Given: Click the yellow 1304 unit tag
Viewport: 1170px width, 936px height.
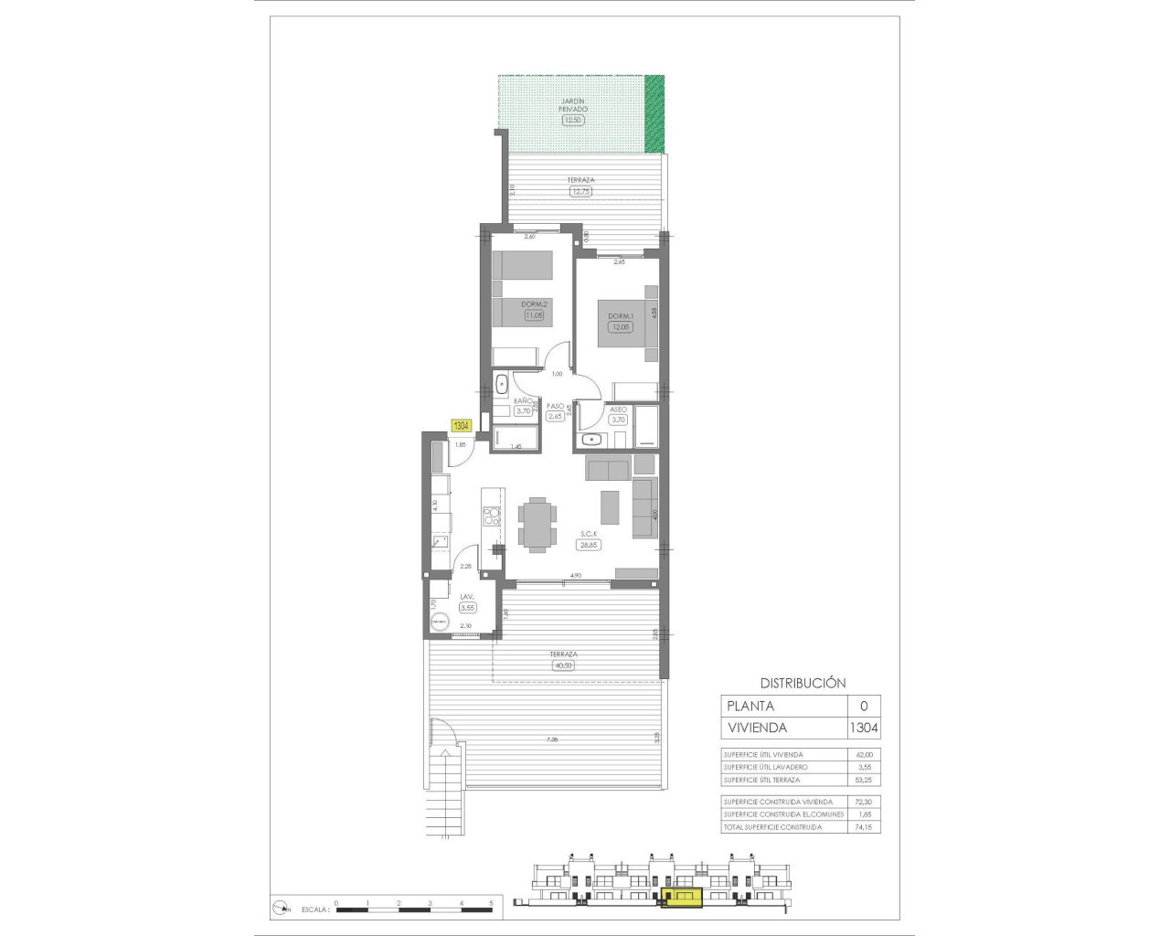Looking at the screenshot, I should pyautogui.click(x=462, y=426).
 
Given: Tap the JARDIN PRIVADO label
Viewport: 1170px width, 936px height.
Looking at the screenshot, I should pyautogui.click(x=573, y=104).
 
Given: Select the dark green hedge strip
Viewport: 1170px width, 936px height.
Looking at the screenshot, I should pyautogui.click(x=654, y=113).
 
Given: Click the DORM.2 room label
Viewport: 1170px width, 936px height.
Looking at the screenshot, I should pyautogui.click(x=534, y=304).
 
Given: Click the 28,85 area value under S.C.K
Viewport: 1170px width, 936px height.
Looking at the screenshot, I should pyautogui.click(x=587, y=545).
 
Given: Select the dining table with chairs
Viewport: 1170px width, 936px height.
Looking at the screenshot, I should pyautogui.click(x=536, y=525).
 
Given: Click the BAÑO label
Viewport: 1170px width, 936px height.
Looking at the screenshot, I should pyautogui.click(x=523, y=401).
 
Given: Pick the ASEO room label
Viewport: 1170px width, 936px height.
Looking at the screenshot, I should pyautogui.click(x=619, y=409).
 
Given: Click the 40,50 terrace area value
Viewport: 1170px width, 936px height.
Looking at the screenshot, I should pyautogui.click(x=563, y=665).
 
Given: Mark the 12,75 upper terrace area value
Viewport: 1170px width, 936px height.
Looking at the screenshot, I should pyautogui.click(x=580, y=192).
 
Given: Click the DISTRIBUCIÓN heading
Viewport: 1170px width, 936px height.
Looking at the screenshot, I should pyautogui.click(x=803, y=683).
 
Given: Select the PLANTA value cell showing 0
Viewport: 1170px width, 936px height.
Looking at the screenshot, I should pyautogui.click(x=864, y=706).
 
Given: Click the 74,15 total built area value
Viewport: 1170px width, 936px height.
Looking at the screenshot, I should pyautogui.click(x=863, y=827).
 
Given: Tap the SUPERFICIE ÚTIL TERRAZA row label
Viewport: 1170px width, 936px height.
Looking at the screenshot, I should pyautogui.click(x=761, y=780).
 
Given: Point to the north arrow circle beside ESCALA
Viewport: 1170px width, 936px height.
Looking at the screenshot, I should pyautogui.click(x=280, y=909).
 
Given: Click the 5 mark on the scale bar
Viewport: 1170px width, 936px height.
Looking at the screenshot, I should pyautogui.click(x=491, y=903).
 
